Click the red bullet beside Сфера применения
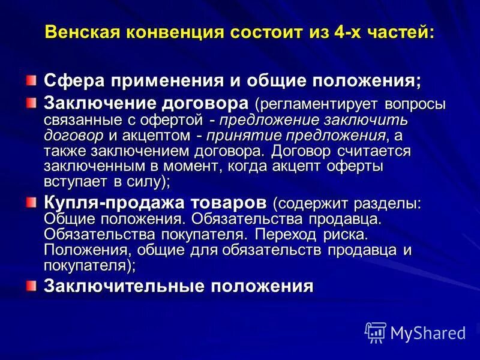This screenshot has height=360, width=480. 31,79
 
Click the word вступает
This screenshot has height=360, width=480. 74,181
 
